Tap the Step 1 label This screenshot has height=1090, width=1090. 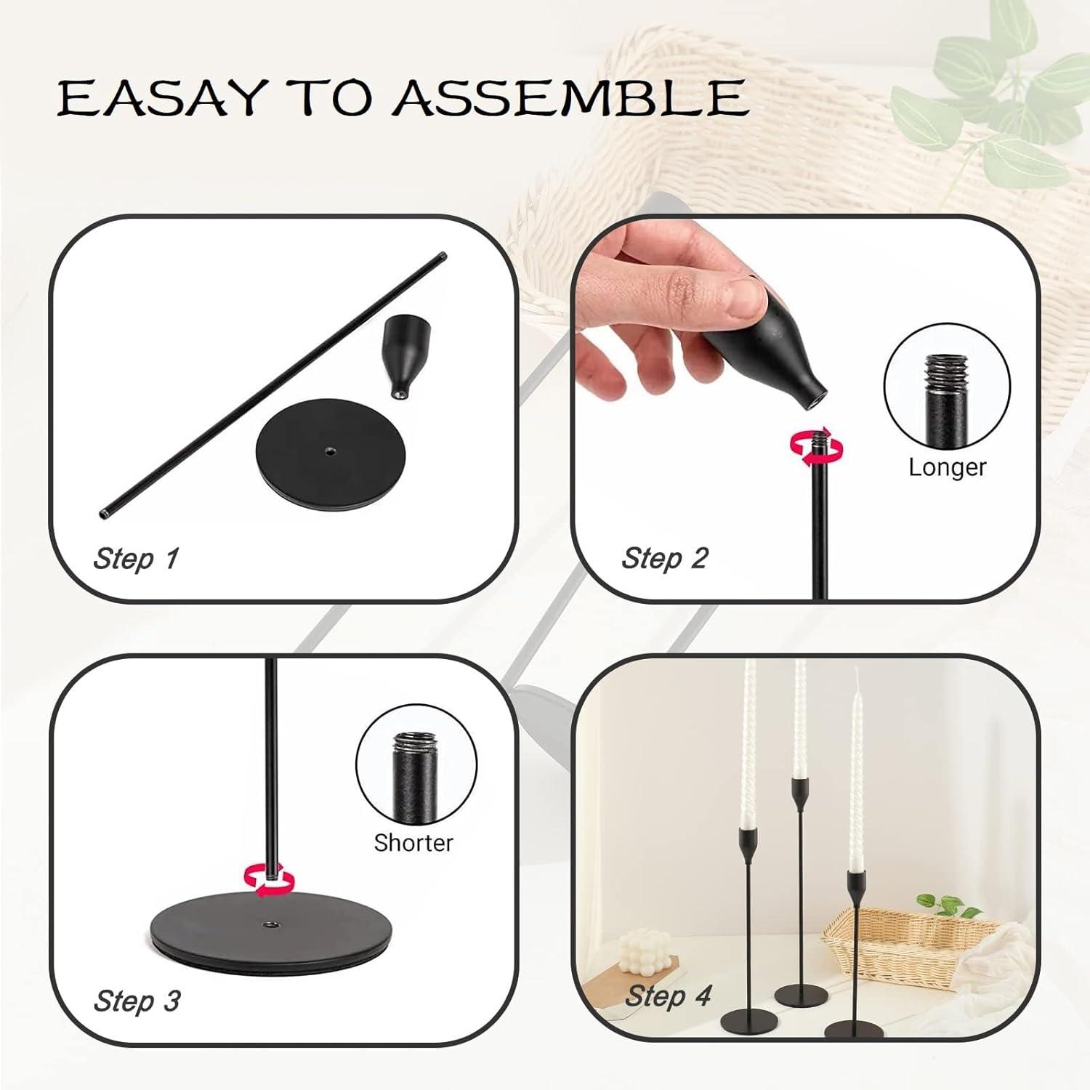tap(136, 559)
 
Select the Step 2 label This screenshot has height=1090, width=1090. tap(665, 558)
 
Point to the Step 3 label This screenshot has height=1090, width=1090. tap(137, 1001)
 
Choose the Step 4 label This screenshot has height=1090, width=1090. tap(668, 996)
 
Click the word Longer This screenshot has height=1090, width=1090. tap(948, 467)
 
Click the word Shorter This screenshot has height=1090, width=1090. tap(413, 842)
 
